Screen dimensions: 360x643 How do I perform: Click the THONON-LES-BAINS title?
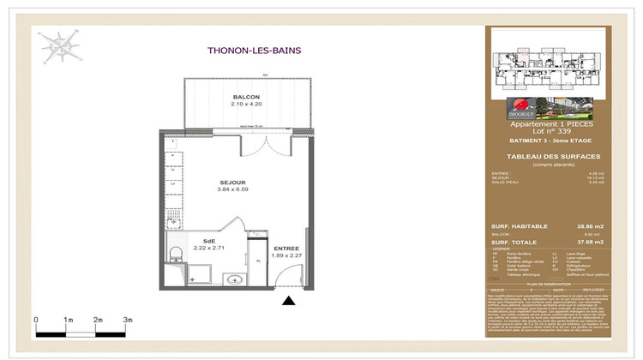point(255,50)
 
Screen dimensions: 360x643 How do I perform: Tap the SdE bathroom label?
point(209,241)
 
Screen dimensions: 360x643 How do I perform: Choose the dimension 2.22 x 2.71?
point(209,248)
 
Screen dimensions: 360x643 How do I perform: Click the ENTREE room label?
point(274,247)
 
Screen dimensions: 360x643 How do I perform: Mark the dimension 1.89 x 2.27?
point(274,255)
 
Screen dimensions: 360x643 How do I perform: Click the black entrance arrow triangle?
point(290,300)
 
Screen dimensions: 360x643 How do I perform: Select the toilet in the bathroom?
point(174,253)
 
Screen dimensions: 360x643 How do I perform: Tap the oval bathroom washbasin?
point(233,279)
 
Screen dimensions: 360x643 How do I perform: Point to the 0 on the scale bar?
point(37,320)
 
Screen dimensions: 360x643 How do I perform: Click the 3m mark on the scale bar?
point(128,320)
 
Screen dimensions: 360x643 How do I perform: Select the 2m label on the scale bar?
point(98,320)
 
